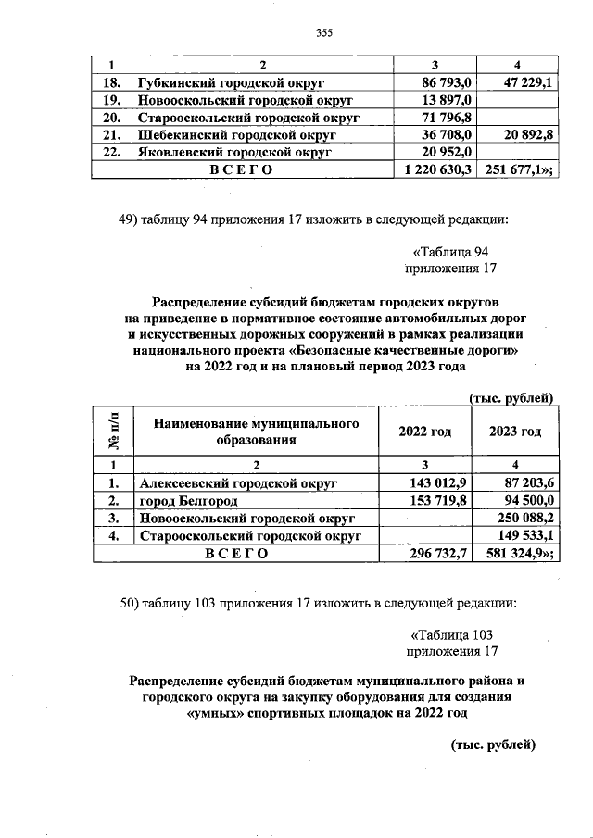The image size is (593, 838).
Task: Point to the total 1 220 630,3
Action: [435, 170]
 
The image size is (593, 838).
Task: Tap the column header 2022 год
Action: [424, 432]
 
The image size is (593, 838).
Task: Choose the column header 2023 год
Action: [515, 432]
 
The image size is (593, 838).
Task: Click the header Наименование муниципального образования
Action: [257, 432]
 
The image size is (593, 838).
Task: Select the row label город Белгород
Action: [188, 500]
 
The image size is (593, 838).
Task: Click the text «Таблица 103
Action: [452, 634]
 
